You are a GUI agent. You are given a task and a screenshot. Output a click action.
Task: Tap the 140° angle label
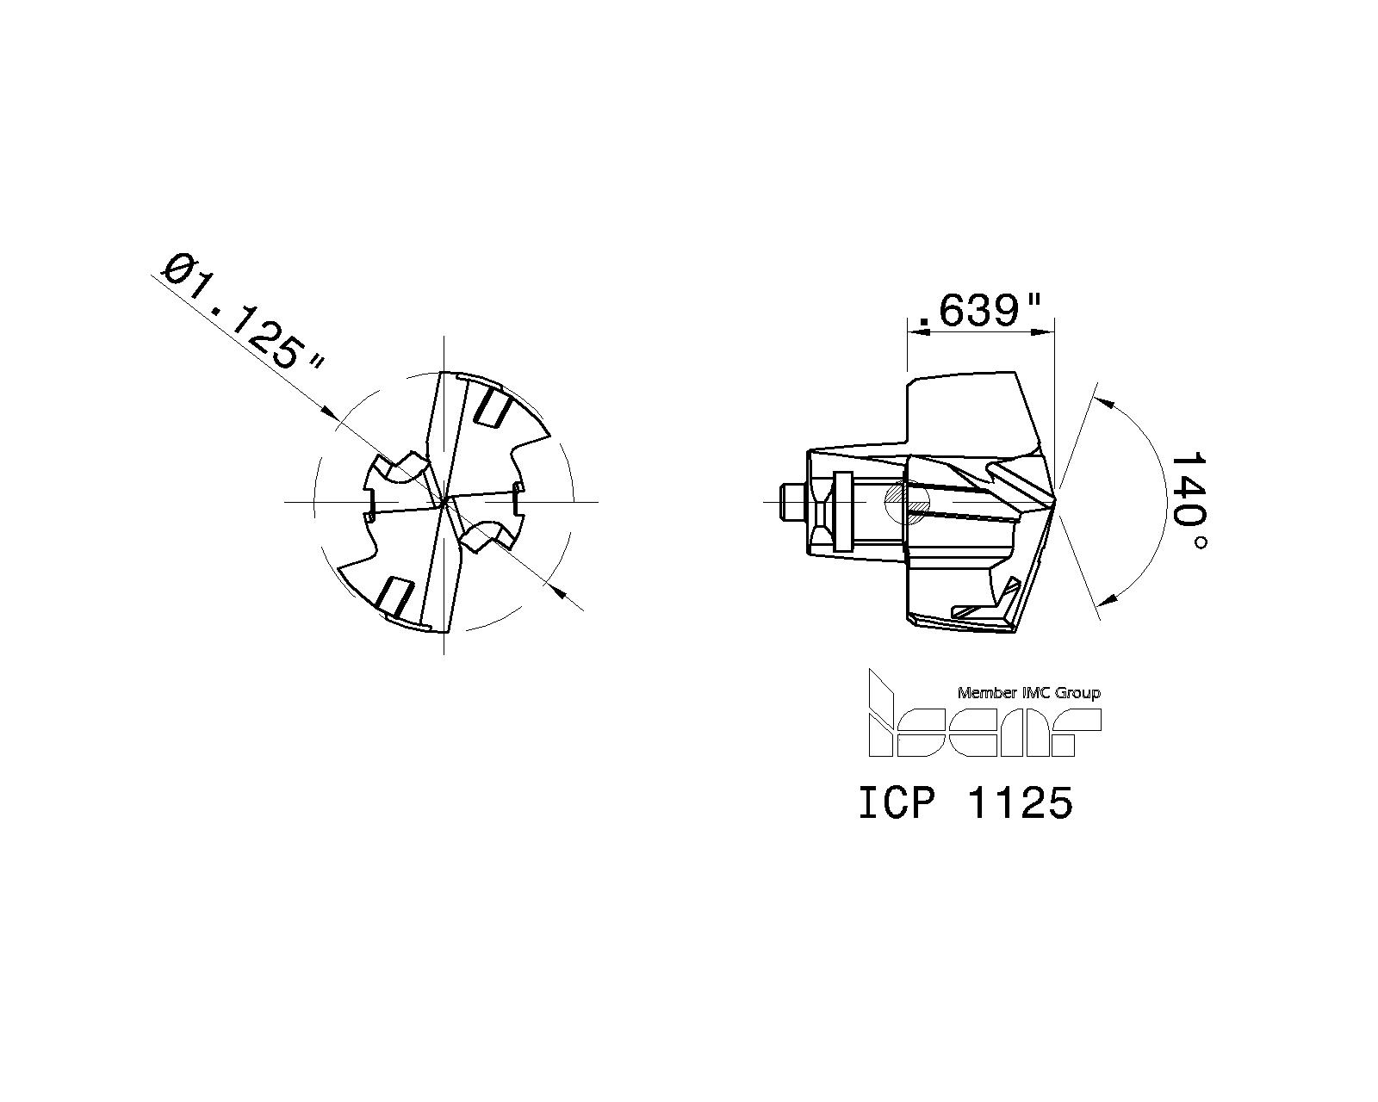tap(1189, 501)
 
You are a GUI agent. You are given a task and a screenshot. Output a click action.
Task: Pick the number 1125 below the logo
tap(1021, 804)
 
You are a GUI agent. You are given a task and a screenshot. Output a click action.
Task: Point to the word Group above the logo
tap(1078, 693)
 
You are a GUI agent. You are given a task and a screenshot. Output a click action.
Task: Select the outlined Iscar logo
tap(982, 719)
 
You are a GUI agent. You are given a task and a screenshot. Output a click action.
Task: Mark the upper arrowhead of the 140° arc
tap(1102, 400)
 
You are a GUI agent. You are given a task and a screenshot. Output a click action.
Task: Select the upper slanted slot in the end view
tap(493, 406)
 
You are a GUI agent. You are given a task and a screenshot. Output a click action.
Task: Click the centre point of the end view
tap(444, 501)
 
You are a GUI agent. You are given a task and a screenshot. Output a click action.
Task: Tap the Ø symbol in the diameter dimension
tap(180, 268)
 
